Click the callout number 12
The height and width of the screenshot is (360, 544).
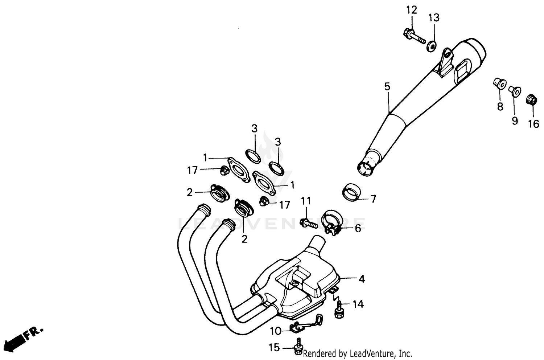click(412, 10)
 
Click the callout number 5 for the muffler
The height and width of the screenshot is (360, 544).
click(387, 87)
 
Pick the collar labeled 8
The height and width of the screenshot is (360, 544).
click(499, 84)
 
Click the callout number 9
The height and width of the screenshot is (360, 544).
click(515, 121)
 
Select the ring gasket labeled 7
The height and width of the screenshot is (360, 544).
click(351, 192)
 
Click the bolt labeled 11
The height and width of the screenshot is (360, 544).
click(308, 223)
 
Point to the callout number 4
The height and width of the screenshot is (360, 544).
click(362, 279)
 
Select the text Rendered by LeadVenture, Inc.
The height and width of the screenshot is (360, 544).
click(357, 353)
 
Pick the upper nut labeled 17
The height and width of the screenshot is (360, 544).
click(224, 169)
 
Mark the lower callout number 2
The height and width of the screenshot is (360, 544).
click(244, 239)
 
